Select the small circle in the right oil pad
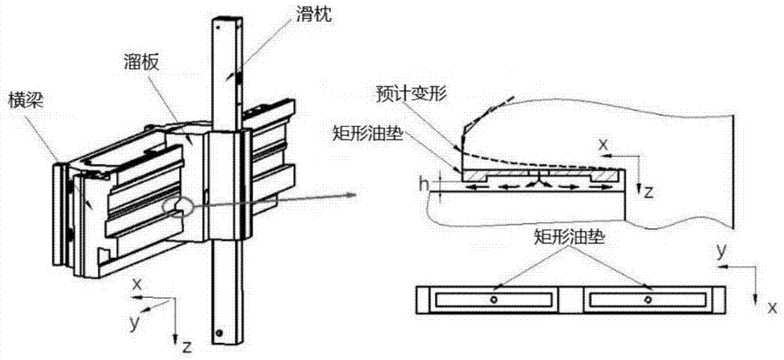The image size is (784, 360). tap(648, 300)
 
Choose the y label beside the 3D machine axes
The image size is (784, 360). tap(135, 322)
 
